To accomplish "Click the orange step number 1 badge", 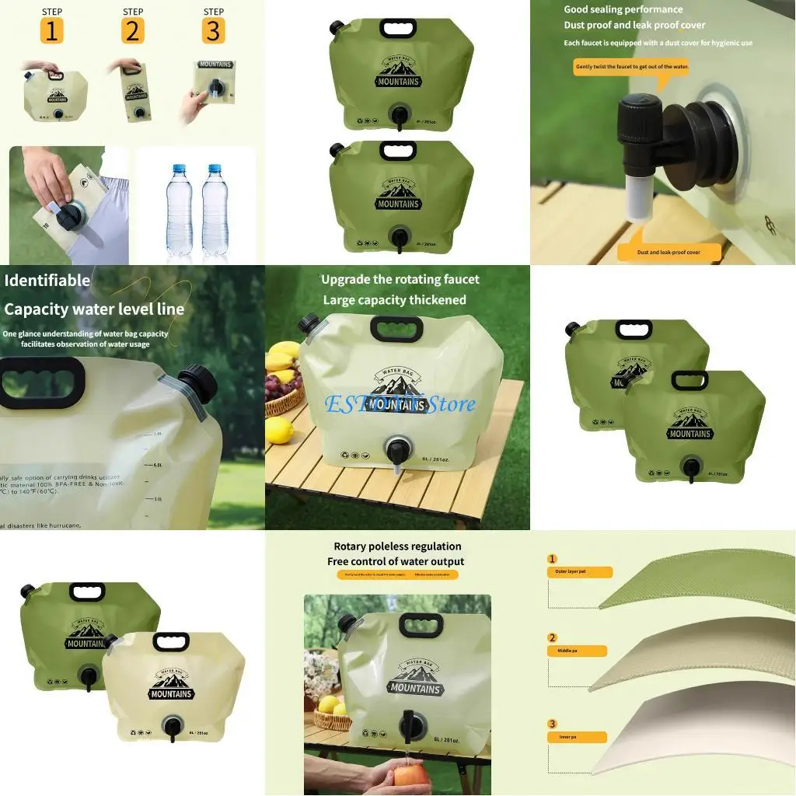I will pyautogui.click(x=51, y=31).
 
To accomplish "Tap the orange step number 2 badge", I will pyautogui.click(x=133, y=31).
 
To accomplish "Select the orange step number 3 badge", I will pyautogui.click(x=213, y=31).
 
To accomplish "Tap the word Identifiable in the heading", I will pyautogui.click(x=47, y=281).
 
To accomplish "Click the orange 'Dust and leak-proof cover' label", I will pyautogui.click(x=669, y=252).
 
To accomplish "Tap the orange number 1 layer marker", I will pyautogui.click(x=553, y=559).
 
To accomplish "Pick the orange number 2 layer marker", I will pyautogui.click(x=553, y=637).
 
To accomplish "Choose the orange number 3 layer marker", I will pyautogui.click(x=553, y=724).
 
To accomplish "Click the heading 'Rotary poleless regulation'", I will pyautogui.click(x=397, y=546).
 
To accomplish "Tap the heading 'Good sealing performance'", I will pyautogui.click(x=623, y=9).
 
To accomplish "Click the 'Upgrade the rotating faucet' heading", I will pyautogui.click(x=400, y=280).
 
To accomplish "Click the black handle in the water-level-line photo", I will pyautogui.click(x=42, y=382).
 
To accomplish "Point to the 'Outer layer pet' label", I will pyautogui.click(x=579, y=572).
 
